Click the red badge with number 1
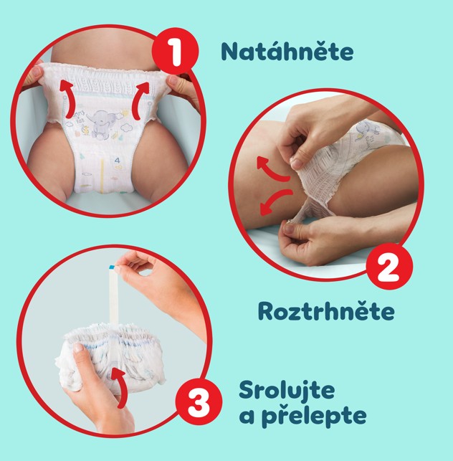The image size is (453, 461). [x=175, y=52]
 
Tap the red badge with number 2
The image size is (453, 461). [x=390, y=267]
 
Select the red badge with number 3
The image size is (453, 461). [x=199, y=402]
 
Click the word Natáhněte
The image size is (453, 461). [x=287, y=52]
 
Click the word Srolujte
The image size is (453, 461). [x=287, y=390]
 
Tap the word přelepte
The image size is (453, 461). [x=314, y=416]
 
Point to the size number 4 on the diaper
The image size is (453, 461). [x=118, y=160]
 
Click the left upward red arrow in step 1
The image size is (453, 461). [x=67, y=100]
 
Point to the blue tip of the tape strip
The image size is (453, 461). [x=112, y=267]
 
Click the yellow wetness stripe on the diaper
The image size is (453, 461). [x=102, y=176]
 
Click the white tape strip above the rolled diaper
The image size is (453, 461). [x=113, y=295]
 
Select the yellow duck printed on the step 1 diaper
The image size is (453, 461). [x=86, y=130]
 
